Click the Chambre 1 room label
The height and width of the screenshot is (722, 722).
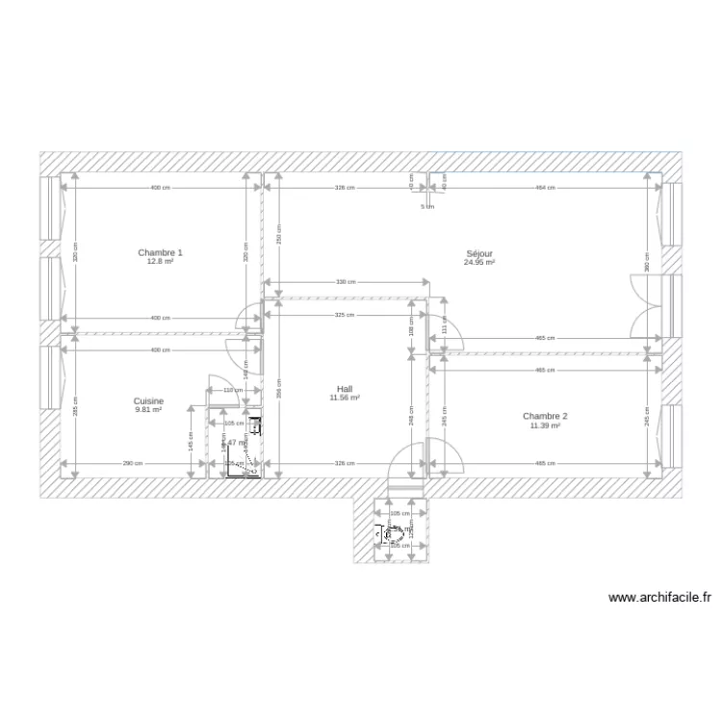pyautogui.click(x=160, y=252)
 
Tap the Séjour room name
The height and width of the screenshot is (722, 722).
pyautogui.click(x=478, y=252)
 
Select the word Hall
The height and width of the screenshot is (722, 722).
pyautogui.click(x=344, y=389)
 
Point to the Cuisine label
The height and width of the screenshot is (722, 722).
pyautogui.click(x=148, y=400)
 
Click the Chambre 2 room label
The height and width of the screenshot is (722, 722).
pyautogui.click(x=545, y=416)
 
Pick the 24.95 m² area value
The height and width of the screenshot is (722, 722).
pyautogui.click(x=478, y=262)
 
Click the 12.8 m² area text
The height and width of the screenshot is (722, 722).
pyautogui.click(x=160, y=261)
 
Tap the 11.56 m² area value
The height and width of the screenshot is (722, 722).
pyautogui.click(x=344, y=398)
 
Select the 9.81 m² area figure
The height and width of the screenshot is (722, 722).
pyautogui.click(x=148, y=409)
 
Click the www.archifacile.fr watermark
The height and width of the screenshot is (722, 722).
pyautogui.click(x=660, y=597)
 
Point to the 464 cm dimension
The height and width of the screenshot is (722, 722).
pyautogui.click(x=545, y=189)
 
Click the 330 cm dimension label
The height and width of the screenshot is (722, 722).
pyautogui.click(x=346, y=282)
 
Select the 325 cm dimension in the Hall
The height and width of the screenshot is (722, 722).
pyautogui.click(x=346, y=315)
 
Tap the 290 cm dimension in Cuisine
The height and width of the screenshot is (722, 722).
pyautogui.click(x=133, y=464)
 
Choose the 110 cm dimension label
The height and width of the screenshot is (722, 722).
pyautogui.click(x=228, y=390)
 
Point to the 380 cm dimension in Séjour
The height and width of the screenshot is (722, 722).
pyautogui.click(x=648, y=260)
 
